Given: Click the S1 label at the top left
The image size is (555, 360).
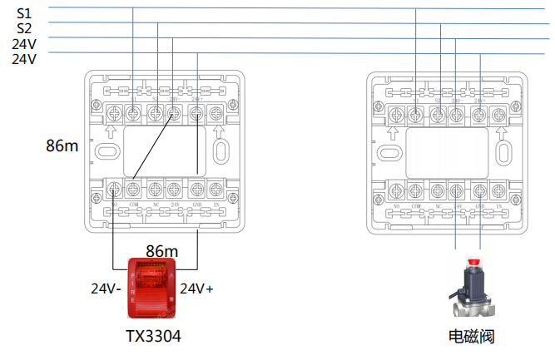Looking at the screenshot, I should (x=23, y=13).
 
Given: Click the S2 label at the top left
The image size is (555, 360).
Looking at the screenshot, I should (x=23, y=28).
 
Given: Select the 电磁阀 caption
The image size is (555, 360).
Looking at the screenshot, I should (x=471, y=337).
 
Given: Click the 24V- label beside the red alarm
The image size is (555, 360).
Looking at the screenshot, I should (x=107, y=290).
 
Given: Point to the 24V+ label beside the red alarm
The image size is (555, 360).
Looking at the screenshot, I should (x=197, y=289).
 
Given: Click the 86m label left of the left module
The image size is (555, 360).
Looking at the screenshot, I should (x=62, y=146).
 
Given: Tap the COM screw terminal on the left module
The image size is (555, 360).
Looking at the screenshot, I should (x=134, y=189).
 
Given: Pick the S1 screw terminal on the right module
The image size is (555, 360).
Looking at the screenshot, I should (x=416, y=113).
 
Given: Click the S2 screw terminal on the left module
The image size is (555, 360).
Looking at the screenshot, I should (x=154, y=113).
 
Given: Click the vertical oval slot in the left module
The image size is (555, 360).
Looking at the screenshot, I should (x=221, y=150).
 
